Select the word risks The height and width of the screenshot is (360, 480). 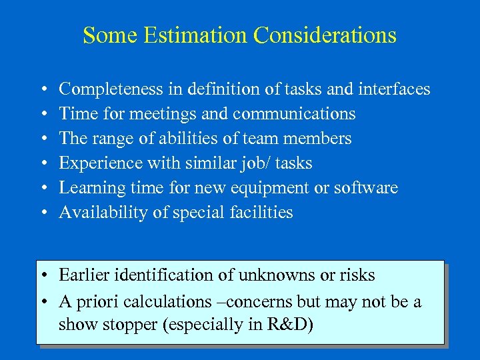pyautogui.click(x=360, y=275)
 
